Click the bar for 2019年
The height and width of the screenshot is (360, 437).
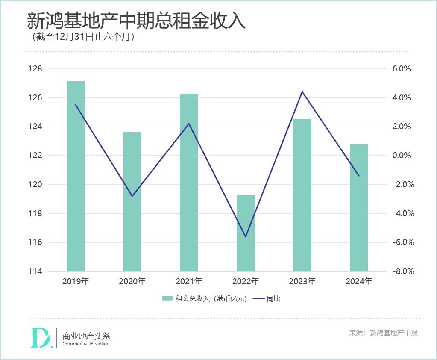(x=76, y=176)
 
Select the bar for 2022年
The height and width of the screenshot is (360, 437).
(x=246, y=233)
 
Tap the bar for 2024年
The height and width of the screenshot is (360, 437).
(x=359, y=208)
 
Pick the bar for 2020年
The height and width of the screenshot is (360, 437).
(x=132, y=202)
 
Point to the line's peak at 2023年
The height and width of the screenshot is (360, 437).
(x=302, y=91)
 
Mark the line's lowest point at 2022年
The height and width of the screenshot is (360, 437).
(x=246, y=237)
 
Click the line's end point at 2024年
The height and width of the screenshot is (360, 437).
(x=359, y=176)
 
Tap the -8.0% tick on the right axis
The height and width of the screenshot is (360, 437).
(x=400, y=271)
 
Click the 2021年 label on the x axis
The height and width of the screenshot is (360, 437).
(x=189, y=282)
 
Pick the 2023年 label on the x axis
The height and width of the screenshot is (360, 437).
(x=302, y=282)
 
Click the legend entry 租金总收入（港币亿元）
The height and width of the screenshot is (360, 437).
(x=204, y=299)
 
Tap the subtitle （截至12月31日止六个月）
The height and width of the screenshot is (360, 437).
(x=83, y=37)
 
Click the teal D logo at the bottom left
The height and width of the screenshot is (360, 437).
(x=42, y=338)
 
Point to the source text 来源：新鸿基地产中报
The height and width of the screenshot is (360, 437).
(x=383, y=333)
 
